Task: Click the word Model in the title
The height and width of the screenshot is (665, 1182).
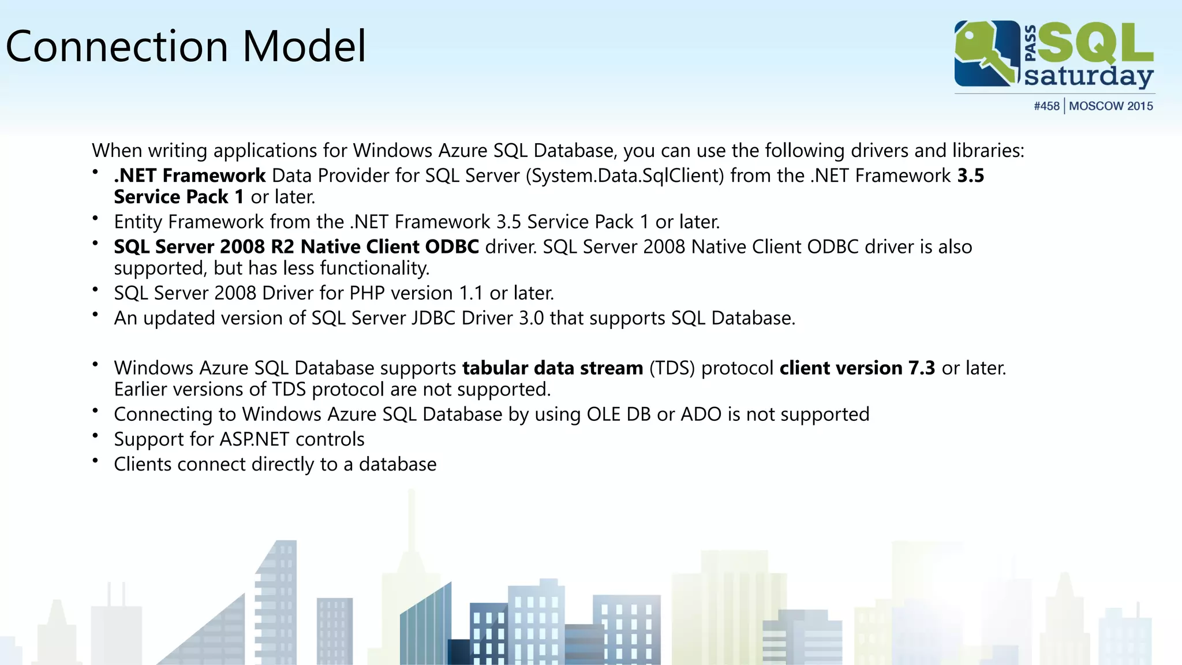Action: pos(304,46)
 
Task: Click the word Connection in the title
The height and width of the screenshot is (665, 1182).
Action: pos(117,46)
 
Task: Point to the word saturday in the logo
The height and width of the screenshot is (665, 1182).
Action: pos(1089,77)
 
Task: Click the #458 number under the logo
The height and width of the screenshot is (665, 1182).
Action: pos(1046,106)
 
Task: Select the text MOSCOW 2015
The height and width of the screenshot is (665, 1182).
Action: pos(1111,106)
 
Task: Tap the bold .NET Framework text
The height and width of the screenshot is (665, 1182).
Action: pos(190,175)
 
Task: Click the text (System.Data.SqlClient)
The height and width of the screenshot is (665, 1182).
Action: pos(624,175)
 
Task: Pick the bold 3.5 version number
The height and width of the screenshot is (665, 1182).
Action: pos(971,175)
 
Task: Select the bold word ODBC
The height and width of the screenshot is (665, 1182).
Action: pos(451,247)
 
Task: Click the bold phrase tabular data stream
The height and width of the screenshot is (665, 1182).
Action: pos(552,368)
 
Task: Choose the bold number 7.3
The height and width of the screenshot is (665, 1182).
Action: pos(921,368)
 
